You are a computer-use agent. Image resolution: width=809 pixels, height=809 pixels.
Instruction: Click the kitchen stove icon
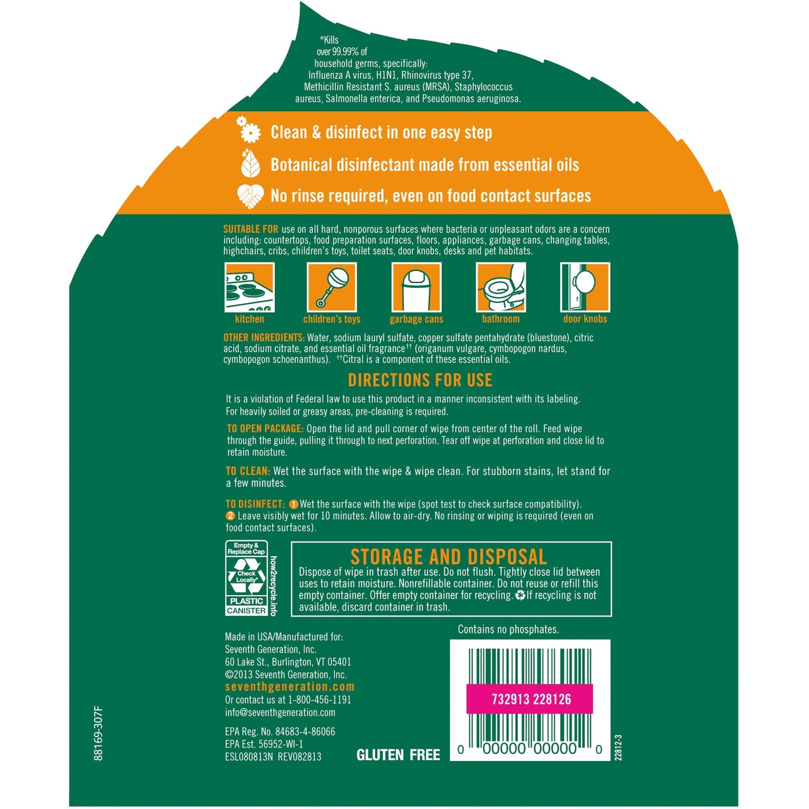(249, 287)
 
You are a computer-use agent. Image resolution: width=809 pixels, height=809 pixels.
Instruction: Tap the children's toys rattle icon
(331, 287)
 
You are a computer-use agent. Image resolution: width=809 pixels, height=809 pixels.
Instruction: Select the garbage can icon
(416, 287)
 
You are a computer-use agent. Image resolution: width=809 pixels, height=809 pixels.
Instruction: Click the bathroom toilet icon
(501, 287)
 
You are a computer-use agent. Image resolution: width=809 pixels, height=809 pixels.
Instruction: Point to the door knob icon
(585, 287)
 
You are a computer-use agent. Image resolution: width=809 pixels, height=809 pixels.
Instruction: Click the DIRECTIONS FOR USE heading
(420, 380)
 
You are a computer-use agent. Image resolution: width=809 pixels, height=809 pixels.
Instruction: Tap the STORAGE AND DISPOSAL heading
(448, 557)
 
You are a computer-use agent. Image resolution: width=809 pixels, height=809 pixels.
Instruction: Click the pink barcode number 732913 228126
(531, 699)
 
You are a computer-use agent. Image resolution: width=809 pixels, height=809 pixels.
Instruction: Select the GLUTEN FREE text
(398, 755)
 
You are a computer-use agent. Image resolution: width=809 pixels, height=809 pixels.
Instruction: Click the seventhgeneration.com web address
(289, 687)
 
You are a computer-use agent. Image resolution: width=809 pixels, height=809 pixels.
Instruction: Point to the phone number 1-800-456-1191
(320, 700)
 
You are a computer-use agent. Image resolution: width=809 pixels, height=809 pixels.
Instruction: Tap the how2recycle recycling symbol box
(247, 578)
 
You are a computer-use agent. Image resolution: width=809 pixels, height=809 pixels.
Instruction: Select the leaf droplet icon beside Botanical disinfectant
(250, 163)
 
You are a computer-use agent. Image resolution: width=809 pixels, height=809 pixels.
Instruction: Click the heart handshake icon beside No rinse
(250, 196)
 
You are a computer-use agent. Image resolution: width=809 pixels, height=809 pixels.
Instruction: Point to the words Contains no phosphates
(508, 629)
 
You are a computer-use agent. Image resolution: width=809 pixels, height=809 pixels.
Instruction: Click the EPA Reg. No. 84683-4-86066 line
(280, 732)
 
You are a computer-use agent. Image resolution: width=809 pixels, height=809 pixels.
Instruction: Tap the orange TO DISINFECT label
(255, 504)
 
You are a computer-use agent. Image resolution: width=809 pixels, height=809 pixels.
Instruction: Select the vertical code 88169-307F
(99, 733)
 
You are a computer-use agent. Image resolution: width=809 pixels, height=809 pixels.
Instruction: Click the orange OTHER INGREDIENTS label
(264, 338)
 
